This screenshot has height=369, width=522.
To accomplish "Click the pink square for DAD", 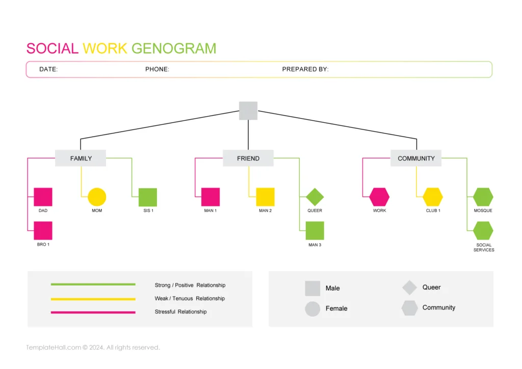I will pos(43,197).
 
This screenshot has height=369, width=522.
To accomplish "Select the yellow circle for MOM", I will pos(97,197).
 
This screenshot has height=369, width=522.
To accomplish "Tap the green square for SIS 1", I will pos(148,197).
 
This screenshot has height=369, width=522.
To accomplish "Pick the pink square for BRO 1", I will pos(43,231).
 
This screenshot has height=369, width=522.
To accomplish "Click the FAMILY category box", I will pos(81,158).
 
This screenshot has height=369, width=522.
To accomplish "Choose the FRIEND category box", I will pos(248,158).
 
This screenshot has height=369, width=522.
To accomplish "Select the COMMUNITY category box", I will pos(416,158).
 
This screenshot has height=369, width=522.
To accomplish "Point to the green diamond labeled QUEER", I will pos(315,197).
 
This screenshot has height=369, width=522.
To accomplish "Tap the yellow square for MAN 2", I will pos(265,197).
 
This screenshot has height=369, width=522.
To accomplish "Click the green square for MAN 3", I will pos(315,231).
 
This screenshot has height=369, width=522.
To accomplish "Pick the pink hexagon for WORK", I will pos(379,197).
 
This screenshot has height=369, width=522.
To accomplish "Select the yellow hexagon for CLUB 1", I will pos(433,197).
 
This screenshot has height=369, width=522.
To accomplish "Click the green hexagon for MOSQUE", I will pos(483,197).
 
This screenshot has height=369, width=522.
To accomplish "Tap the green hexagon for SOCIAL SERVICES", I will pos(483,231).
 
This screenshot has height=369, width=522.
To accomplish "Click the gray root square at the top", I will pos(248,111).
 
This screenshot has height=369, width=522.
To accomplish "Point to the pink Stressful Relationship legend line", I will pos(93,312).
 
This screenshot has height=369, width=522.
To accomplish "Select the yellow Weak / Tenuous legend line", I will pos(93,299).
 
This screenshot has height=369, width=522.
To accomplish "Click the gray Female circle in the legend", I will pos(312,309).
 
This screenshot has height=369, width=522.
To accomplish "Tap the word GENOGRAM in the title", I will pos(174,48).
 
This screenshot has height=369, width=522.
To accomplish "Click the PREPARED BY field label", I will pos(305,69).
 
